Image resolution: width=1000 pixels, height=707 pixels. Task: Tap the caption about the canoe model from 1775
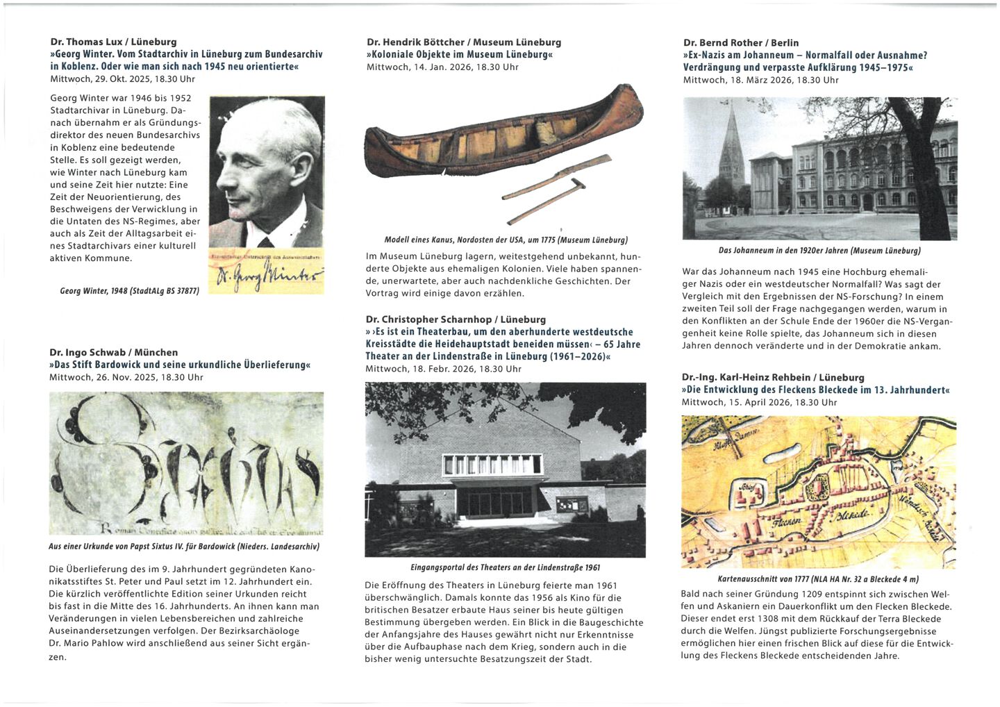(x=506, y=240)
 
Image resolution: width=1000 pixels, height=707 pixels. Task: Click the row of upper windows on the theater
(x=492, y=464)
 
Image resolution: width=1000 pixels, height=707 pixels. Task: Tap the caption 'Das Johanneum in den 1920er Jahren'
(x=819, y=251)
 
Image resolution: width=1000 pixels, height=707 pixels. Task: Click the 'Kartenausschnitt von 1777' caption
(x=818, y=579)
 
